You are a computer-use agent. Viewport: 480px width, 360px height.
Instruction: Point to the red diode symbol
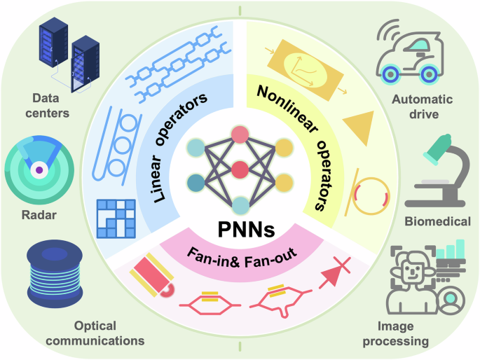pos(334,279)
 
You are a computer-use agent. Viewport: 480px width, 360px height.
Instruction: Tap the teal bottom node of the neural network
pos(240,205)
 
